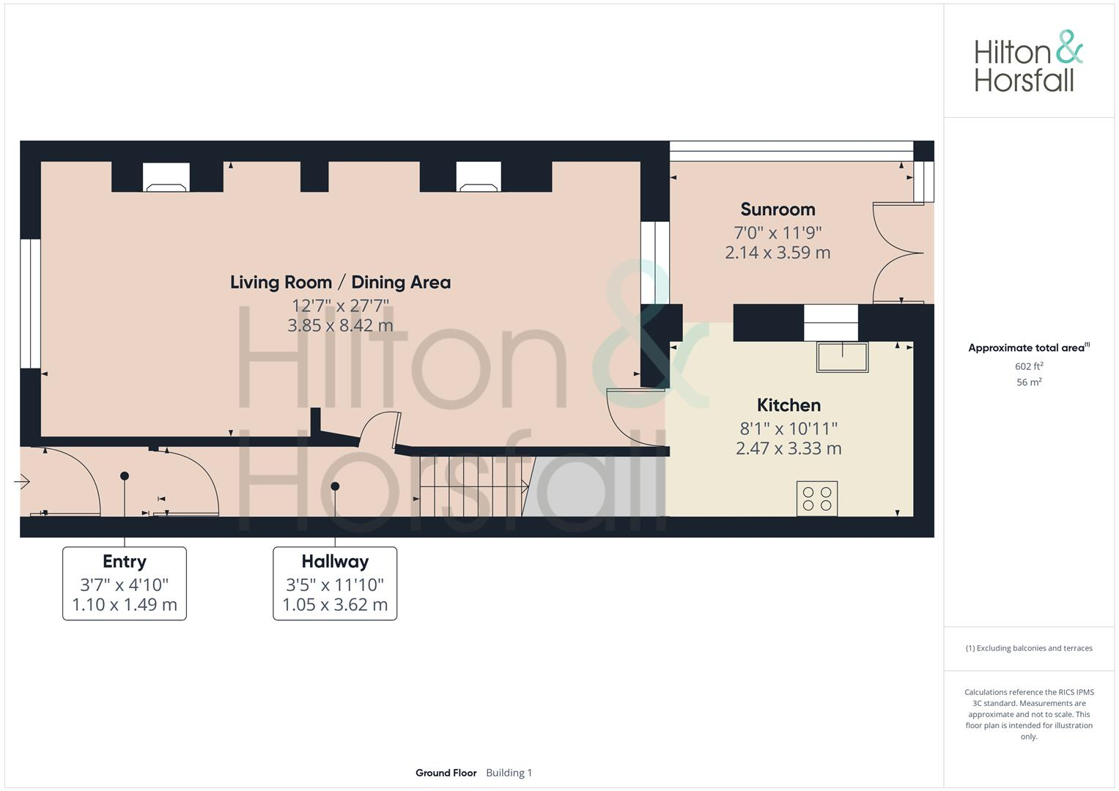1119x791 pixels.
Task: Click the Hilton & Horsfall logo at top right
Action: pyautogui.click(x=1028, y=62)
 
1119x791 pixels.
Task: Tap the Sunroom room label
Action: pyautogui.click(x=778, y=209)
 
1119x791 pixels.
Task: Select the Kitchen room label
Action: pyautogui.click(x=789, y=405)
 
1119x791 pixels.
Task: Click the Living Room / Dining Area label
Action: pyautogui.click(x=340, y=282)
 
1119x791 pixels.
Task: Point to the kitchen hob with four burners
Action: pyautogui.click(x=817, y=499)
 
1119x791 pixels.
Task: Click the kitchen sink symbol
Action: pyautogui.click(x=843, y=357)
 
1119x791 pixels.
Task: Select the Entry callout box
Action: pyautogui.click(x=125, y=583)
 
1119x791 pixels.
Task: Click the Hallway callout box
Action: pyautogui.click(x=335, y=583)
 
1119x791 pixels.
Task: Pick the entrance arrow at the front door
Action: pyautogui.click(x=22, y=481)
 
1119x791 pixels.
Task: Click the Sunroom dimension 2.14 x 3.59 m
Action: pyautogui.click(x=778, y=253)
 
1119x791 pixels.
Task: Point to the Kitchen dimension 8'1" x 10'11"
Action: pyautogui.click(x=789, y=428)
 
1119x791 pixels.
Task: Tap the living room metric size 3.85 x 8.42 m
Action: pyautogui.click(x=340, y=325)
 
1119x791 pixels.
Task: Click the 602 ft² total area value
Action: pyautogui.click(x=1029, y=366)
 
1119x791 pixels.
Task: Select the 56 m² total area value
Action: pyautogui.click(x=1029, y=382)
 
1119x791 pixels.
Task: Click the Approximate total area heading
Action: pyautogui.click(x=1028, y=348)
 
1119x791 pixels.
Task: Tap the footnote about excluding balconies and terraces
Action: pyautogui.click(x=1029, y=648)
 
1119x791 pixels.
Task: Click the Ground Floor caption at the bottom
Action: pyautogui.click(x=446, y=773)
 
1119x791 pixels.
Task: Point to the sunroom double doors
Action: pyautogui.click(x=895, y=253)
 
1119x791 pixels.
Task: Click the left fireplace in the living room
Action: pyautogui.click(x=166, y=177)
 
